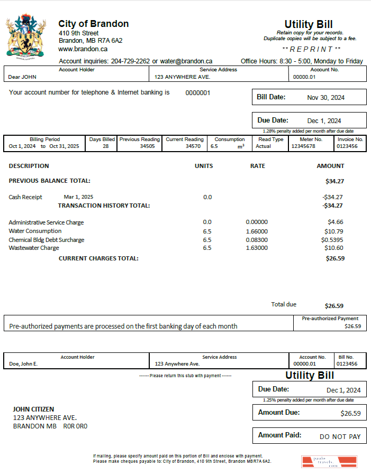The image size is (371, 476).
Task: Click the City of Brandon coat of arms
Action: pyautogui.click(x=24, y=36)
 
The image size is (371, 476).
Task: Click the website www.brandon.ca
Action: pyautogui.click(x=83, y=49)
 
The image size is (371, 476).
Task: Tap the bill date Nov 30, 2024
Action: pyautogui.click(x=325, y=98)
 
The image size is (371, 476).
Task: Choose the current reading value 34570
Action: pyautogui.click(x=193, y=146)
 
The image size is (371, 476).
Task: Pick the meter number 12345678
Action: pyautogui.click(x=303, y=146)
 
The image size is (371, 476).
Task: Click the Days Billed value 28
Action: pyautogui.click(x=106, y=146)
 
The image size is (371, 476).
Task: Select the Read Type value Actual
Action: pyautogui.click(x=263, y=146)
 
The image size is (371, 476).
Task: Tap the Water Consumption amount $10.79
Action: pyautogui.click(x=334, y=231)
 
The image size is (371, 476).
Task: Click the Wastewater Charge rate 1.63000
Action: pyautogui.click(x=257, y=248)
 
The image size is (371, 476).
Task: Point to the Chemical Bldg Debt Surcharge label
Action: pyautogui.click(x=47, y=240)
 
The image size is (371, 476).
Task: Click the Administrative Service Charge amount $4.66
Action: pyautogui.click(x=336, y=222)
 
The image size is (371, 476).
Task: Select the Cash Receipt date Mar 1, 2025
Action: pyautogui.click(x=78, y=197)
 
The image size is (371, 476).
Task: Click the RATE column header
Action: pyautogui.click(x=258, y=166)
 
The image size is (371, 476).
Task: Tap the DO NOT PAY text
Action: pyautogui.click(x=340, y=437)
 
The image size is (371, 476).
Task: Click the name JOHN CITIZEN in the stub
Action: pyautogui.click(x=33, y=409)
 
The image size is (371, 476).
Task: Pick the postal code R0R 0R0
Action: pyautogui.click(x=75, y=426)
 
